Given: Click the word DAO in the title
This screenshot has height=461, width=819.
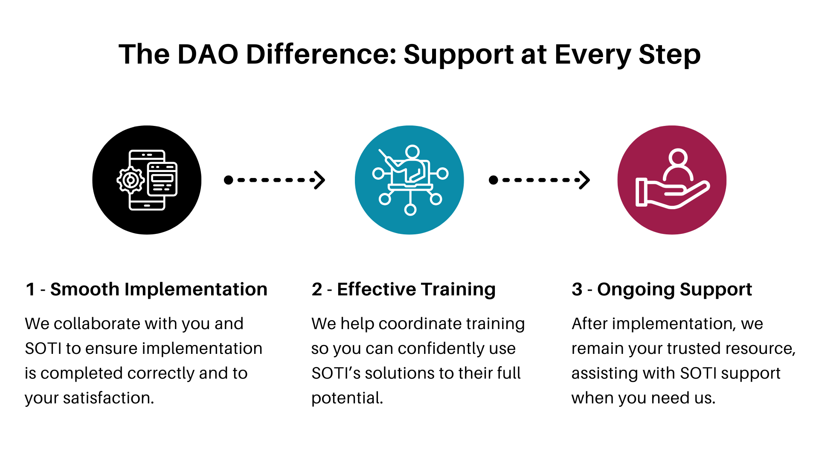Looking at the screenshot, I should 207,55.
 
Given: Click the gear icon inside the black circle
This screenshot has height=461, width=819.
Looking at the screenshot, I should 131,180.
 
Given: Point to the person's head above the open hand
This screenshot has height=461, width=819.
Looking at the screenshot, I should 678,157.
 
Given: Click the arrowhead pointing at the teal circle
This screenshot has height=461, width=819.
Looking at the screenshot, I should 320,180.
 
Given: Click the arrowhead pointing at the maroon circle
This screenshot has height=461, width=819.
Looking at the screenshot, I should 585,180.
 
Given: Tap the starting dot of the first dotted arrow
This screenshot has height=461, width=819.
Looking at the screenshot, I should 228,180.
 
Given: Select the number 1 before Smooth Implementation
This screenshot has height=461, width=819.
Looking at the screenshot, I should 30,289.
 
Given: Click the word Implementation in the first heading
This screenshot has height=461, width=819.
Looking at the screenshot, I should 195,289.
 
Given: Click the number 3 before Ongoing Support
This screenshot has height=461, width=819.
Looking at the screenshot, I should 577,289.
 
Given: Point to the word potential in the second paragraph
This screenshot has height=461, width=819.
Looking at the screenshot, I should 346,398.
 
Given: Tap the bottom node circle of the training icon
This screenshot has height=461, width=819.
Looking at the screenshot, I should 410,210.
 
